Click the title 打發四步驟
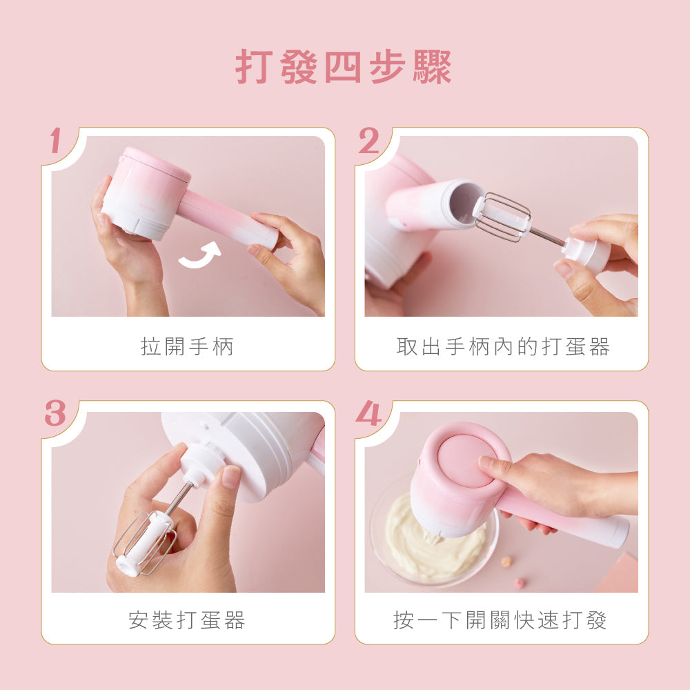click(344, 68)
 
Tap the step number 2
click(369, 141)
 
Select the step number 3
click(55, 414)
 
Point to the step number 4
click(368, 414)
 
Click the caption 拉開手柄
click(188, 346)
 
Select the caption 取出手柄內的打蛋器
click(503, 346)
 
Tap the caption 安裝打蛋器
click(187, 620)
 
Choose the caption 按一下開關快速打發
click(500, 620)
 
